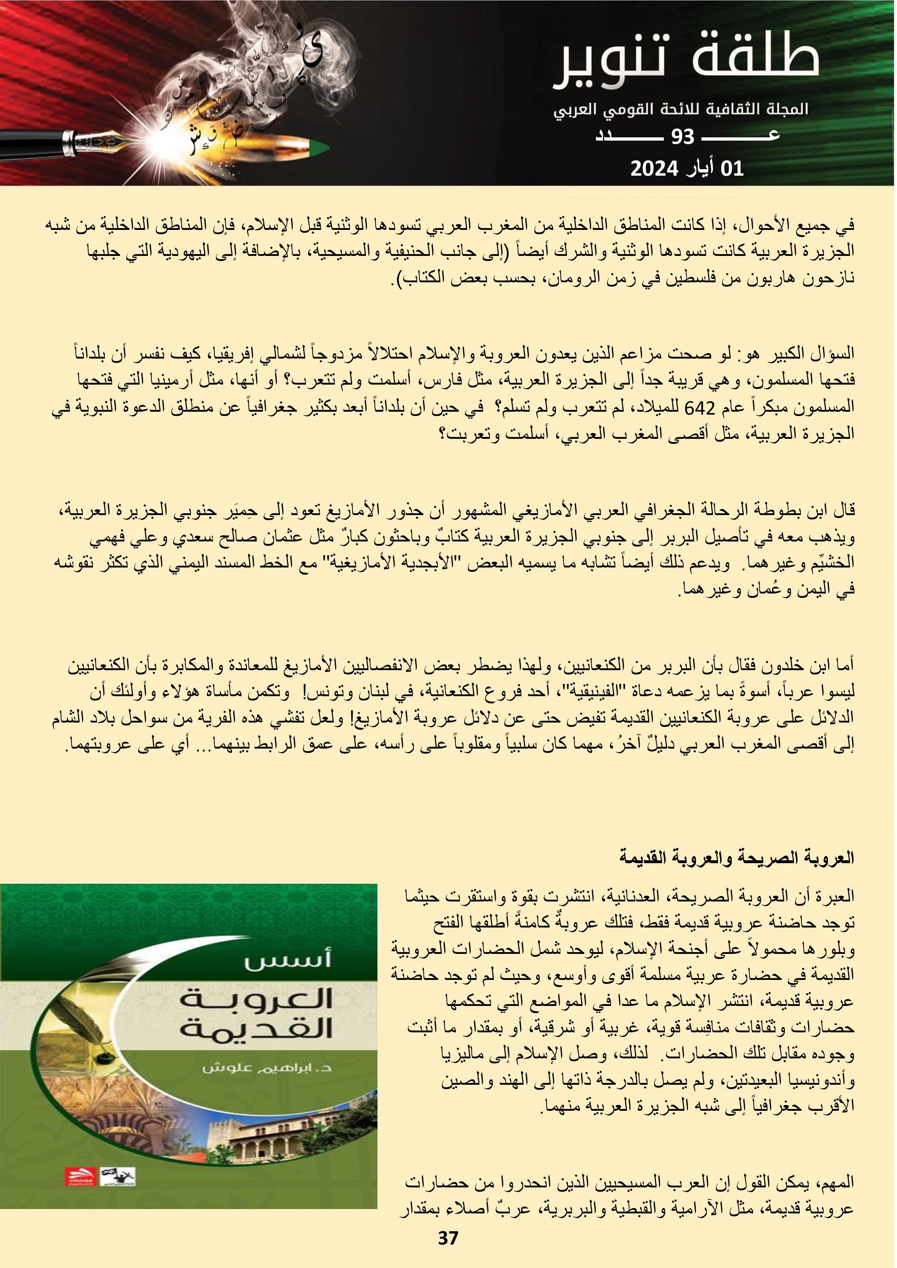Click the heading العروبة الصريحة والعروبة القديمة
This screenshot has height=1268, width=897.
pyautogui.click(x=736, y=858)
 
